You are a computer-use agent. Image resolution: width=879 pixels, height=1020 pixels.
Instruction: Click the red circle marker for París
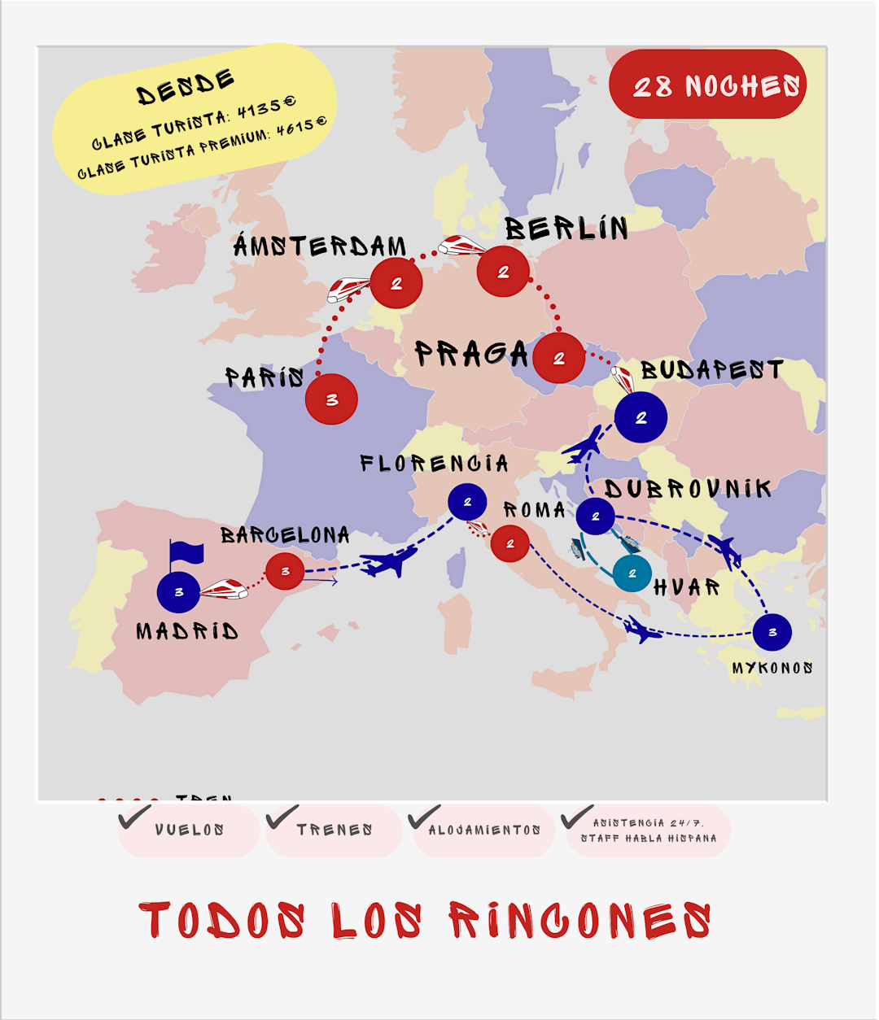point(331,399)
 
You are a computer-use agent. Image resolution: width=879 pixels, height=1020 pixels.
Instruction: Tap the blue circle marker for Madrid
point(179,591)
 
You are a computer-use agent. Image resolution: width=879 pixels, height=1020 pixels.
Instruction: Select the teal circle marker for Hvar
point(632,573)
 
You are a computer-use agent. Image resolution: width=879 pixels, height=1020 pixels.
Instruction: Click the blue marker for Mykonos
point(772,632)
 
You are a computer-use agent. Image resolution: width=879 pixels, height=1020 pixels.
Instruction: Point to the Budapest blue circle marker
point(641,417)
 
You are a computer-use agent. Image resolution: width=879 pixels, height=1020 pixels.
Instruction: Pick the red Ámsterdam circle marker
point(396,283)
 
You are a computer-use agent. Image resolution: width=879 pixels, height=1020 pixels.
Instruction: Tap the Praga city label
point(471,354)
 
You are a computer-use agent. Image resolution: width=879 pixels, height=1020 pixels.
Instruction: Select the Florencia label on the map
point(435,464)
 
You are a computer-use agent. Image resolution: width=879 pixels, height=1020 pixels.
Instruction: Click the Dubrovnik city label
point(688,489)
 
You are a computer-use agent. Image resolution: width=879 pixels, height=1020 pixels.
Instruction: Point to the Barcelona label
point(285,535)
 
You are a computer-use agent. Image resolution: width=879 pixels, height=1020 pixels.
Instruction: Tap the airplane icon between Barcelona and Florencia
point(389,561)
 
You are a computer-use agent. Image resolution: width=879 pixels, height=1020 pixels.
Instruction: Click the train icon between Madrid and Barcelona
point(224,589)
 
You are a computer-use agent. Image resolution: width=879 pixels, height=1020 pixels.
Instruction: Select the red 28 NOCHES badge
point(707,85)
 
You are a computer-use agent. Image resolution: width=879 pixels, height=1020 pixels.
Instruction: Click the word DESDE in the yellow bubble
point(186,88)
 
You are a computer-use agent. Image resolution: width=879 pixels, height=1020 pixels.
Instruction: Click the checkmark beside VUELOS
point(133,817)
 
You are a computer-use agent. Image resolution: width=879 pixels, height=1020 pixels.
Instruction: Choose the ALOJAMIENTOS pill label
point(484,830)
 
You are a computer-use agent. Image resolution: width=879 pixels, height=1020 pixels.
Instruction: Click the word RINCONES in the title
point(579,922)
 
